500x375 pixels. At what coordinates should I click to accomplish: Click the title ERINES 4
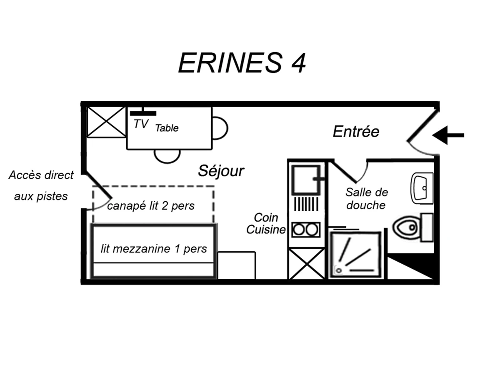[242, 63]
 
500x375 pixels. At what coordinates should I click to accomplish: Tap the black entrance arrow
[447, 135]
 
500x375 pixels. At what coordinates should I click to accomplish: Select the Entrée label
[356, 132]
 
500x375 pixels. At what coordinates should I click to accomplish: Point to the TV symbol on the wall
[143, 112]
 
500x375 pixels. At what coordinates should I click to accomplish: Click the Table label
[167, 128]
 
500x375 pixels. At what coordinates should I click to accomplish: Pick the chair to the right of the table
[220, 128]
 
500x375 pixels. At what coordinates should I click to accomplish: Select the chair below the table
[167, 156]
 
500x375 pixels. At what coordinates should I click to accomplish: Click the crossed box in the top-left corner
[106, 122]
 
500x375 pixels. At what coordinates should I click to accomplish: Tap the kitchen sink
[306, 180]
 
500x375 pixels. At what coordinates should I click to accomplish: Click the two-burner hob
[306, 230]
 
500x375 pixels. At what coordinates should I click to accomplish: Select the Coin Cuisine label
[266, 224]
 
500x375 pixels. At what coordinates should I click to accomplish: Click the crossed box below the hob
[307, 264]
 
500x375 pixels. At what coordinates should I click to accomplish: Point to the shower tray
[355, 255]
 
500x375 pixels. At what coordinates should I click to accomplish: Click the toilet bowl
[406, 227]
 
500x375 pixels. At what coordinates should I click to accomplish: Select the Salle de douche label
[366, 199]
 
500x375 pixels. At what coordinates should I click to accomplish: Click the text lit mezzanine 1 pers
[154, 249]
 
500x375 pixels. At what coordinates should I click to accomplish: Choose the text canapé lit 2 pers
[151, 206]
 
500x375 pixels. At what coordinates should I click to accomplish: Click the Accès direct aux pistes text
[41, 185]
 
